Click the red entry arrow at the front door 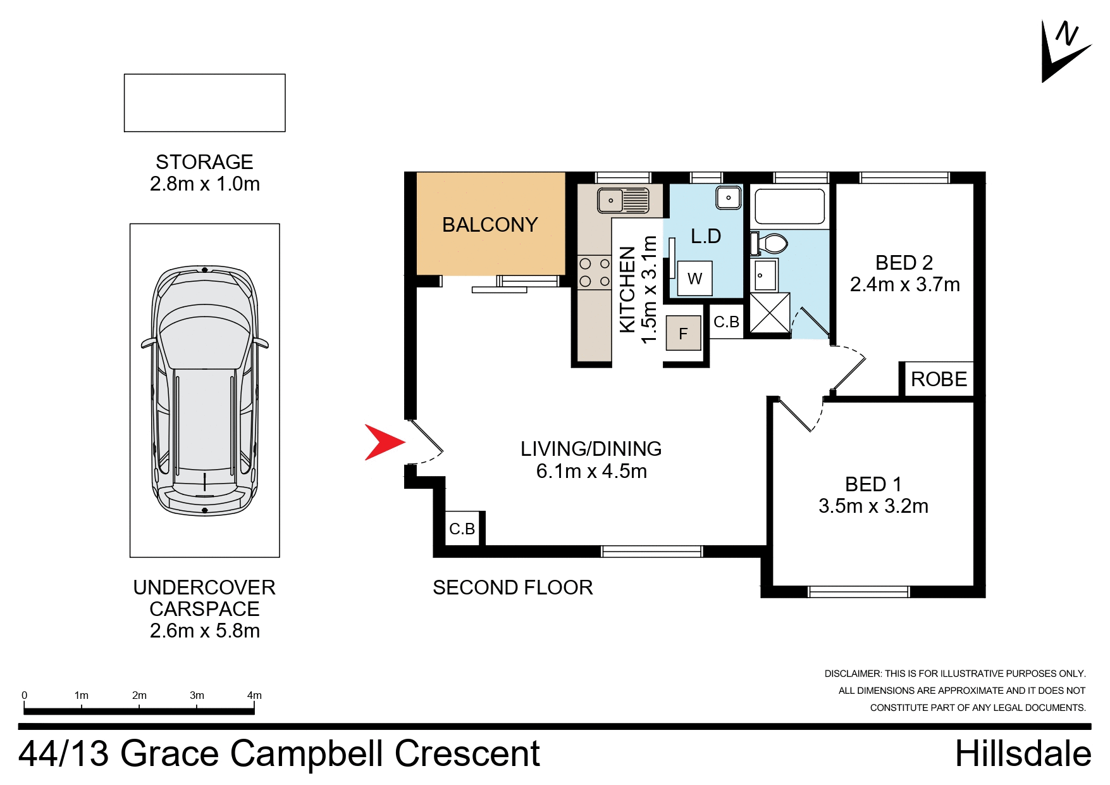click(x=383, y=442)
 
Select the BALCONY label click(x=490, y=225)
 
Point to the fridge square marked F click(x=683, y=334)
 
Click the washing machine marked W click(x=694, y=279)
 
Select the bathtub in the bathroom click(x=789, y=206)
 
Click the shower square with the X click(x=770, y=313)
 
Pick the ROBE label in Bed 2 click(x=939, y=379)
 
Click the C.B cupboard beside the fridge click(x=726, y=322)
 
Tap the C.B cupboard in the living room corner click(x=462, y=529)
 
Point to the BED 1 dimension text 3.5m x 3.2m click(x=873, y=506)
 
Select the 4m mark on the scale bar click(x=254, y=696)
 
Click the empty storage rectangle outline click(x=204, y=103)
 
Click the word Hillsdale click(x=1023, y=754)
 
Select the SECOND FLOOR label click(x=512, y=587)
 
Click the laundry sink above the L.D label click(x=728, y=198)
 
